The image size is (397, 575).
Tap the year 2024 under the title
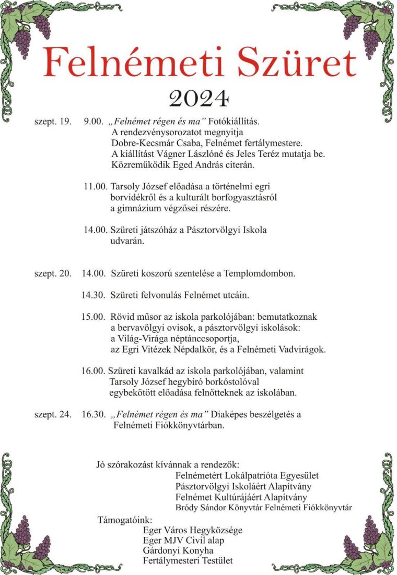[199, 98]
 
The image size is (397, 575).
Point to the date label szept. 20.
[52, 273]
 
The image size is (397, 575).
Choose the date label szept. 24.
[52, 415]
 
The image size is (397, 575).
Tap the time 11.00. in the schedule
[95, 186]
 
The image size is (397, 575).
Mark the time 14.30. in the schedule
[94, 295]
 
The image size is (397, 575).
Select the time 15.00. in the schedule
[94, 317]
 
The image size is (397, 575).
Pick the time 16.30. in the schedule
[94, 415]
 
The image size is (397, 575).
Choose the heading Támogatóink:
[125, 520]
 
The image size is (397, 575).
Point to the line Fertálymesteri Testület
[188, 561]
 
